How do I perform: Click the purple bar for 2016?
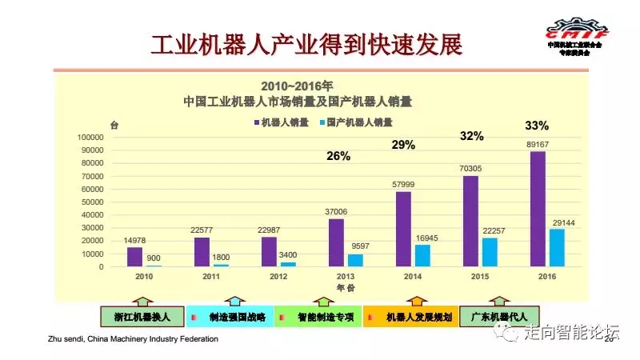click(x=538, y=209)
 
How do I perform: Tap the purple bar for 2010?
click(x=134, y=257)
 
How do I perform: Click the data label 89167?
click(x=538, y=145)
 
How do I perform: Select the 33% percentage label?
click(x=537, y=126)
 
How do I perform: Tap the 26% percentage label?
click(x=338, y=157)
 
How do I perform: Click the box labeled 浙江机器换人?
click(x=142, y=317)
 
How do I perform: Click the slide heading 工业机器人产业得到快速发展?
click(x=308, y=44)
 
